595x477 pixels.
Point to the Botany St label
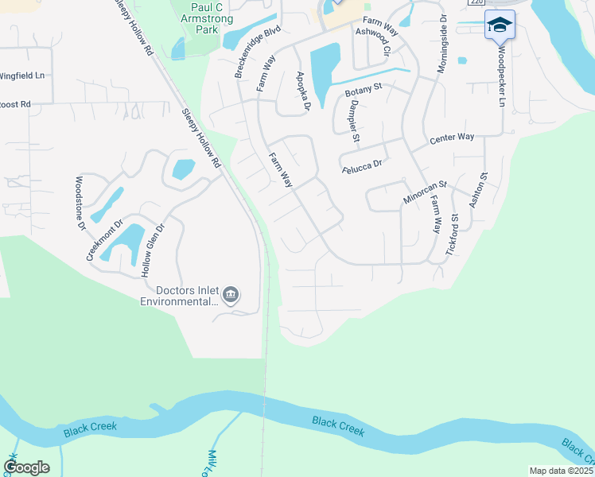[364, 92]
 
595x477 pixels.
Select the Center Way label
[452, 138]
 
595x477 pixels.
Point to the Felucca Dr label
[362, 164]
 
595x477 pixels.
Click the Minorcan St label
[425, 192]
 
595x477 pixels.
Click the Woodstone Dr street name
[80, 204]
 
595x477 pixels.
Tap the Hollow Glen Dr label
[153, 250]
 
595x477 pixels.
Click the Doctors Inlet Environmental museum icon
[230, 296]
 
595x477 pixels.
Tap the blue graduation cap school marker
[500, 25]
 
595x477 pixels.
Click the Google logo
[26, 467]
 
